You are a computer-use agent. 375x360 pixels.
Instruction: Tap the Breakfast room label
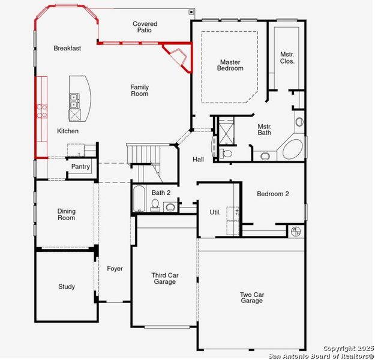click(x=67, y=48)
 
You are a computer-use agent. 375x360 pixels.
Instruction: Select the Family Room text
click(x=139, y=91)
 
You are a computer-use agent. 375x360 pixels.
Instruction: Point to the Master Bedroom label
click(x=231, y=65)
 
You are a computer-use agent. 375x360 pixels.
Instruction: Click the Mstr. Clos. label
click(x=287, y=58)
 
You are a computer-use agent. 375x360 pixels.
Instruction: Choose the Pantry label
click(x=80, y=166)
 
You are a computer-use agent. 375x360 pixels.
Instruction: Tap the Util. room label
click(x=215, y=212)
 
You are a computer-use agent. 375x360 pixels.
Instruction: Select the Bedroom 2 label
click(x=273, y=194)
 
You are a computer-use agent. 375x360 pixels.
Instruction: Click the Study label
click(x=67, y=287)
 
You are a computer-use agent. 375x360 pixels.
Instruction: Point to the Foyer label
click(x=115, y=268)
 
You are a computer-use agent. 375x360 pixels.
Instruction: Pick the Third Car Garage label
click(x=164, y=278)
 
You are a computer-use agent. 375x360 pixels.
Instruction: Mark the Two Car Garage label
click(x=252, y=298)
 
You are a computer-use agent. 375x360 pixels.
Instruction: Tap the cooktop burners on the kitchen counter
click(x=43, y=110)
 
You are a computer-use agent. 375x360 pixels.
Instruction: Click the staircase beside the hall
click(x=144, y=154)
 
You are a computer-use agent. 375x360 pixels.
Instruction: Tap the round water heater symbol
click(x=295, y=230)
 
